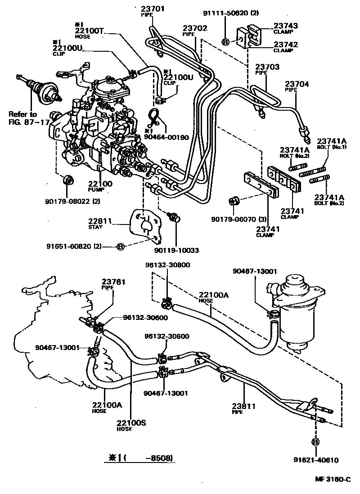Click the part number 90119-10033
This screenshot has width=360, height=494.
click(176, 250)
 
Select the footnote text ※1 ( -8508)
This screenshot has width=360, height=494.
click(139, 458)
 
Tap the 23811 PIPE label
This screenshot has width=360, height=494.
click(244, 408)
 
